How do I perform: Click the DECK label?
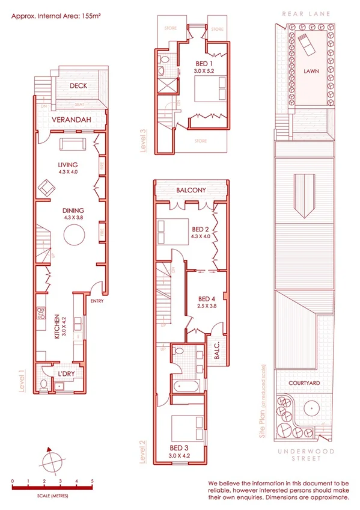coord(78,86)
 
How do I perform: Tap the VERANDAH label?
coord(71,120)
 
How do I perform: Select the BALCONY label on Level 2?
coord(191,190)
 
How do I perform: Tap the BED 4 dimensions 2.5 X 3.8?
coord(206,306)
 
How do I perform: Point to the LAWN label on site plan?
coord(311,71)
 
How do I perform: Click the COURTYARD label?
coord(303,382)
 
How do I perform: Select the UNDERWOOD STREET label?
coord(303,454)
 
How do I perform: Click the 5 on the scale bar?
coord(92,481)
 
